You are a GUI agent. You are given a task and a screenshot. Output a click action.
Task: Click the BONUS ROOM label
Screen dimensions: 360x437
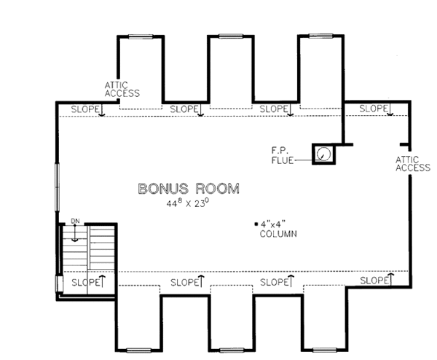tap(189, 189)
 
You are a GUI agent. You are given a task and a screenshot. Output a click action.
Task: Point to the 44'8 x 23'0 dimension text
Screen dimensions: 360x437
tap(188, 203)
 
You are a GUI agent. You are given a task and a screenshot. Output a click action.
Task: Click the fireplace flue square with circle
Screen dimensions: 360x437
tap(323, 154)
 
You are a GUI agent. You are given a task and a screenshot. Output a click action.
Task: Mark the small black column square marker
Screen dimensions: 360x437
tap(255, 223)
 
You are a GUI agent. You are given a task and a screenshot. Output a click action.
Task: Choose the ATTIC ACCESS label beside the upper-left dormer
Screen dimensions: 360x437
tap(122, 88)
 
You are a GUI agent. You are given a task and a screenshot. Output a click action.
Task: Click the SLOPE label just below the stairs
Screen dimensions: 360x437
tap(85, 281)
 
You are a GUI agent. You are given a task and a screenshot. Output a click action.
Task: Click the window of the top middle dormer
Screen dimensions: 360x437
tap(231, 35)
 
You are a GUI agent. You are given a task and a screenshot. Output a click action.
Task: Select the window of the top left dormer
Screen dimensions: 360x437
tap(141, 35)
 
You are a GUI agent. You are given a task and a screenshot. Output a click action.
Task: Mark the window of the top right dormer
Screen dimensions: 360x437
tap(320, 35)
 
